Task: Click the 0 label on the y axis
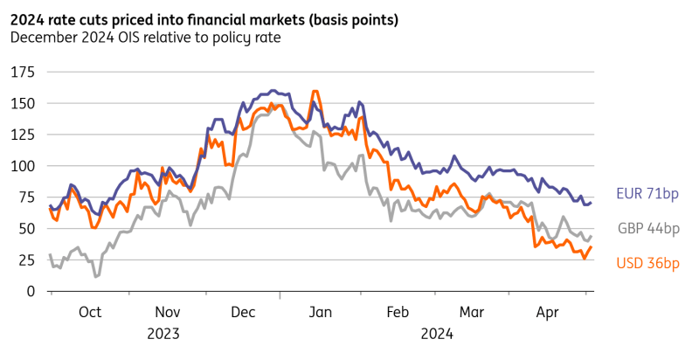30,292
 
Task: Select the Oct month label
90,312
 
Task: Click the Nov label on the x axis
167,312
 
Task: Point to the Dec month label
243,312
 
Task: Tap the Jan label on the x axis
321,312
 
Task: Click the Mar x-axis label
472,312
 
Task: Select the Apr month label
548,312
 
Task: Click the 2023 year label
167,333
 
